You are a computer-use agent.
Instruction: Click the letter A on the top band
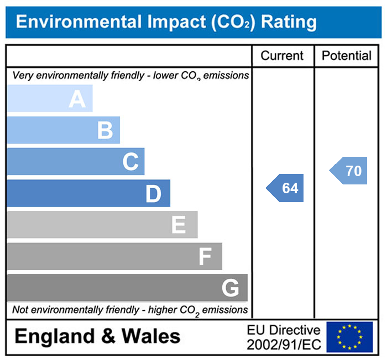tap(77, 99)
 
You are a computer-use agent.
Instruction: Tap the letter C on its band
tap(130, 162)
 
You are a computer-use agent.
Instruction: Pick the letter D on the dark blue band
tap(153, 194)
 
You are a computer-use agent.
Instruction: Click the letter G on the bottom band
tap(230, 288)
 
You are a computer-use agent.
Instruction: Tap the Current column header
tap(282, 56)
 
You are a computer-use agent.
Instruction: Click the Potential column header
tap(347, 56)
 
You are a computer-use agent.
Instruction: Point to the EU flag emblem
tap(349, 337)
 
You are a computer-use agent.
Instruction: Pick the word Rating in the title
tap(289, 22)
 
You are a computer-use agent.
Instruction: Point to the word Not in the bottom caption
tap(20, 310)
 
